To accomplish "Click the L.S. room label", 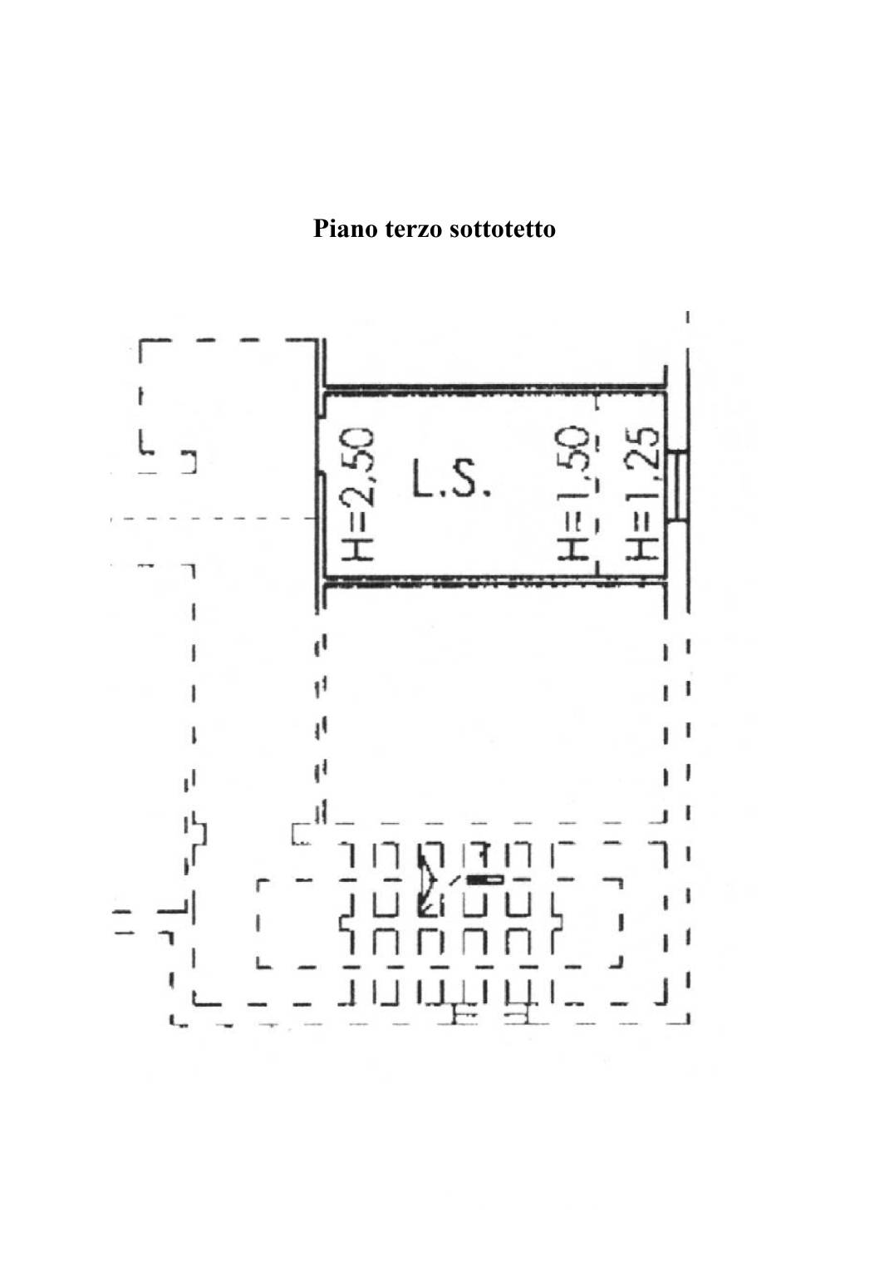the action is tap(449, 480).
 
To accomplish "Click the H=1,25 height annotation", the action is tap(643, 492).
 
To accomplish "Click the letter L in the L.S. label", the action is tap(422, 480).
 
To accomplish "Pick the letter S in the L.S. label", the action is tap(466, 480).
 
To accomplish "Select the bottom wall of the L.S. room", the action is tap(494, 581).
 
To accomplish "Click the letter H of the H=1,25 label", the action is tap(643, 548).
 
